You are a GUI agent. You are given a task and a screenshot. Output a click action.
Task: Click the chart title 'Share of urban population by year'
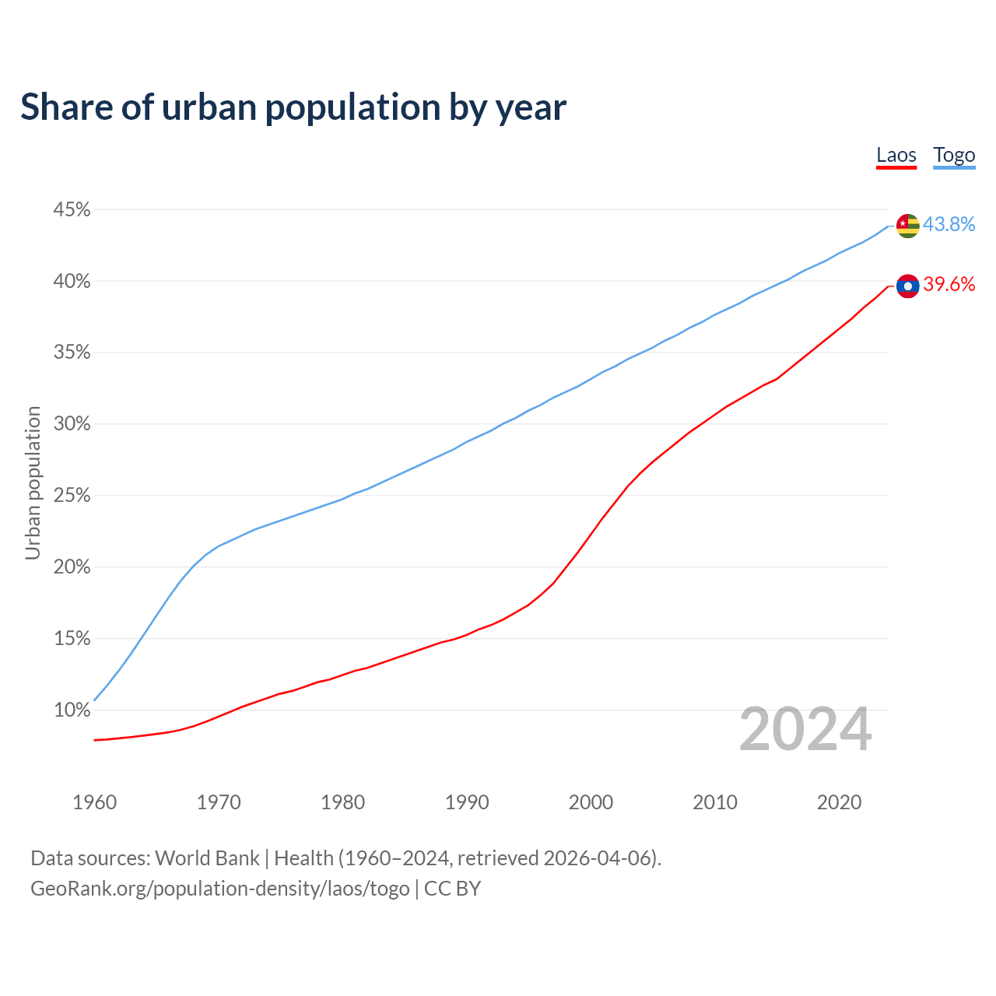[293, 107]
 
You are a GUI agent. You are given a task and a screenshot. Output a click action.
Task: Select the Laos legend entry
[896, 155]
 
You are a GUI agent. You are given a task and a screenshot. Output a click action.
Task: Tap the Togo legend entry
[954, 155]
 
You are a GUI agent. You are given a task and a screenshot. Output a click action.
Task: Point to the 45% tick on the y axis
[72, 210]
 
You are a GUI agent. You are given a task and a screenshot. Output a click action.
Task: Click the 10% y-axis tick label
[72, 710]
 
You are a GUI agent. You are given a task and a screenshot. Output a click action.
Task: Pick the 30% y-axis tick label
[72, 424]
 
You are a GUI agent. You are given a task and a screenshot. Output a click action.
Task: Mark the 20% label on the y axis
[72, 567]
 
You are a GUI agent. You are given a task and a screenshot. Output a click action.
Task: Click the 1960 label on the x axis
[94, 802]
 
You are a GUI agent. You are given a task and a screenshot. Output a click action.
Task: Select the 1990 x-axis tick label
[467, 802]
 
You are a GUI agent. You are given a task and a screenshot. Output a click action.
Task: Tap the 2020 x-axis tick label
[839, 802]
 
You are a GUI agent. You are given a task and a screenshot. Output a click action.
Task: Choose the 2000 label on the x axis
[591, 802]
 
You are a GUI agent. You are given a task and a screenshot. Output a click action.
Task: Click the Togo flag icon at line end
[908, 226]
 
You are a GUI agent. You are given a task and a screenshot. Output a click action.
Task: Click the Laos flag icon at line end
[908, 286]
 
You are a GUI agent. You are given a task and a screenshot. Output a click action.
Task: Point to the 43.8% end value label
[949, 224]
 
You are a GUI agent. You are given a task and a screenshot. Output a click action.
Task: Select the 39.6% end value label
[949, 285]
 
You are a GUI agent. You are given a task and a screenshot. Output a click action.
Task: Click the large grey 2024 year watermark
[805, 730]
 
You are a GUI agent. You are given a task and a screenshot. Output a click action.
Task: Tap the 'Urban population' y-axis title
[33, 482]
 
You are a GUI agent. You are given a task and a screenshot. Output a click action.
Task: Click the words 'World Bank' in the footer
[207, 858]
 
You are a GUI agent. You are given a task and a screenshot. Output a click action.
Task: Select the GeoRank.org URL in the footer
[219, 889]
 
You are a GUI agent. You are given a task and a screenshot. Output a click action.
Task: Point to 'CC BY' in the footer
[452, 889]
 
